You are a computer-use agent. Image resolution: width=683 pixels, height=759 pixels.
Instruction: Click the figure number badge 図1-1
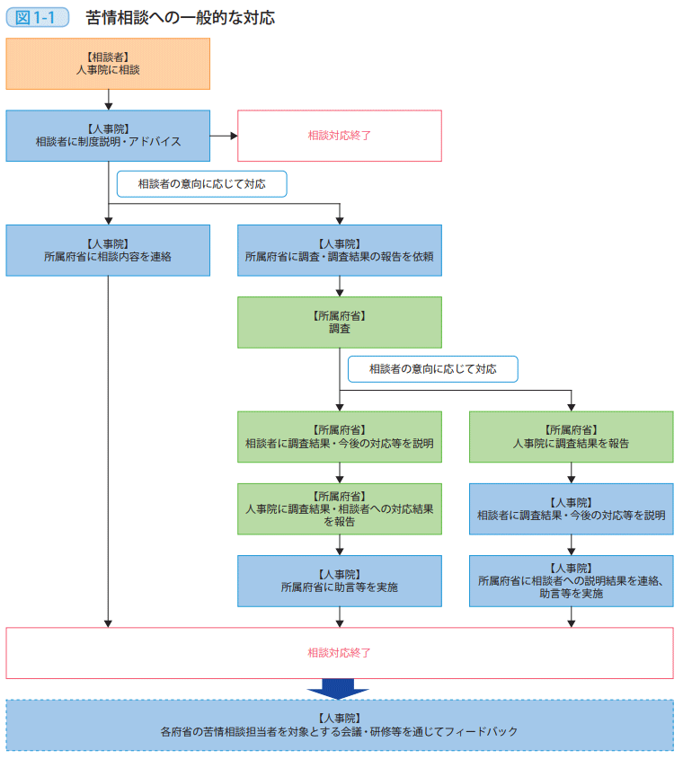pyautogui.click(x=37, y=18)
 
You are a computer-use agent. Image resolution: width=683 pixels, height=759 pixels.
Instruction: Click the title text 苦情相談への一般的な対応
pyautogui.click(x=180, y=18)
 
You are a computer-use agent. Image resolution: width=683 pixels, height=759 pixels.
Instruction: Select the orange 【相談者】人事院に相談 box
pyautogui.click(x=108, y=64)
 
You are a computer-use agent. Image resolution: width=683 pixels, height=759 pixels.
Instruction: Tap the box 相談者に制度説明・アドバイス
pyautogui.click(x=108, y=136)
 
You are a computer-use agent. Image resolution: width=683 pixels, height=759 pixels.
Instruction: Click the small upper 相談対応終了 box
pyautogui.click(x=340, y=136)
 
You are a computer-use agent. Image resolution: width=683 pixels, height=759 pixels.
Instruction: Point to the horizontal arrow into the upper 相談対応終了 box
pyautogui.click(x=224, y=136)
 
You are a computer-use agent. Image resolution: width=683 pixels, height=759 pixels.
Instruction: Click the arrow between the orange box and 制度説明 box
pyautogui.click(x=108, y=100)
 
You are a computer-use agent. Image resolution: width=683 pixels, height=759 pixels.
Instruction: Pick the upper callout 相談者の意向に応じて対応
pyautogui.click(x=201, y=184)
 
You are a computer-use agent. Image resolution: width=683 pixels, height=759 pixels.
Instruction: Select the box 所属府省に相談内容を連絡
pyautogui.click(x=108, y=250)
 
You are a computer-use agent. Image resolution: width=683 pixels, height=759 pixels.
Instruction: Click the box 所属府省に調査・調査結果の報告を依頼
pyautogui.click(x=340, y=250)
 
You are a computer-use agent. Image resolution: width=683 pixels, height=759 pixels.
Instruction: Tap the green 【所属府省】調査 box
pyautogui.click(x=340, y=322)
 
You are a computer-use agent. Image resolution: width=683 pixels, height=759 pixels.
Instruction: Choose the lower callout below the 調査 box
pyautogui.click(x=432, y=369)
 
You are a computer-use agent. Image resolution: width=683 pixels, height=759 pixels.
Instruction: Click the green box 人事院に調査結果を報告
pyautogui.click(x=571, y=437)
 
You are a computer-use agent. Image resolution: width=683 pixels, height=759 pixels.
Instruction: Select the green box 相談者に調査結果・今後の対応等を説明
pyautogui.click(x=340, y=437)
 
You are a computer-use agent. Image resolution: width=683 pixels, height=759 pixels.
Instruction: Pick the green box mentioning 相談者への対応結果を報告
pyautogui.click(x=340, y=508)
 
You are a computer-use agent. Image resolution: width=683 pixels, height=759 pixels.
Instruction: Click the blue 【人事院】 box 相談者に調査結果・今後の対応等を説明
pyautogui.click(x=571, y=508)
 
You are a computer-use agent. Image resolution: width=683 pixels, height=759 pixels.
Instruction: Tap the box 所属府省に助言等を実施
pyautogui.click(x=340, y=580)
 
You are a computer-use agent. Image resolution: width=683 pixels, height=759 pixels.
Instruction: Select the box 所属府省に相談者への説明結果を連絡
pyautogui.click(x=571, y=580)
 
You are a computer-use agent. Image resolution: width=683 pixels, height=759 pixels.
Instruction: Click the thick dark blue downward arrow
pyautogui.click(x=338, y=688)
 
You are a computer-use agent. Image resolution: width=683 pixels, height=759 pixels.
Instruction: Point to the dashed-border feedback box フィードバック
pyautogui.click(x=340, y=725)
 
